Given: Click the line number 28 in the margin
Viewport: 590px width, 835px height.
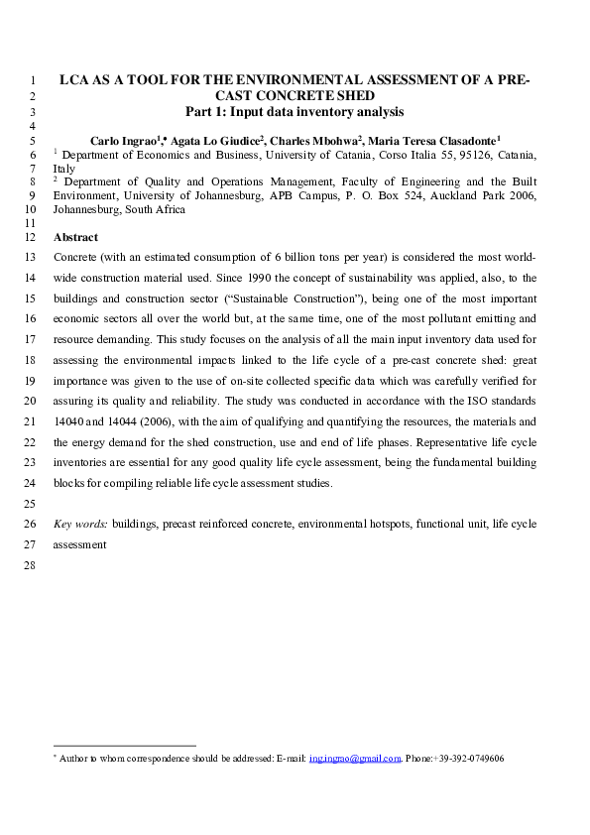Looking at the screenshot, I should click(x=29, y=566).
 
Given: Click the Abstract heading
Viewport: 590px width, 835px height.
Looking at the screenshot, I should click(x=75, y=238).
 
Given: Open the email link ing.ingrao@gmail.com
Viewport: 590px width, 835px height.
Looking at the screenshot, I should click(x=354, y=759).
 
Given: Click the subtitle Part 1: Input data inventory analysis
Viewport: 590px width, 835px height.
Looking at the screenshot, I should click(x=295, y=112).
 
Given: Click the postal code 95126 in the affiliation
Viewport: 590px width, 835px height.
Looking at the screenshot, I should click(x=473, y=155).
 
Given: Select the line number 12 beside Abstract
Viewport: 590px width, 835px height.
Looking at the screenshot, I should click(x=29, y=238).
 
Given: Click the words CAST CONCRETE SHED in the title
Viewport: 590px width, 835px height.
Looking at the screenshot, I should click(x=295, y=97).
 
